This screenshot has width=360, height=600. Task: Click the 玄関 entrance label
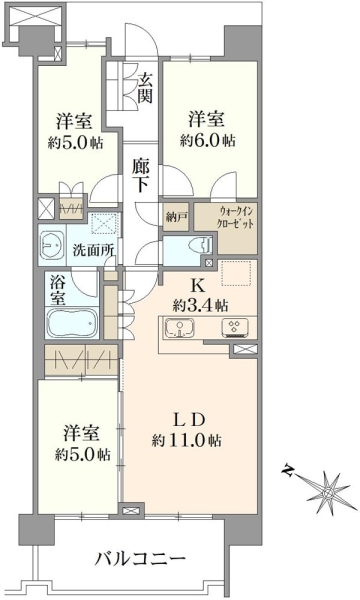click(145, 88)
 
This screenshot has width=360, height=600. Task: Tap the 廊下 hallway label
click(141, 175)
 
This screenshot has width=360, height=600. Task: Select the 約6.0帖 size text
click(208, 141)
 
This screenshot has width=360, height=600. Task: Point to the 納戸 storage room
click(176, 217)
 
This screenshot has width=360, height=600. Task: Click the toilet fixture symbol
click(202, 245)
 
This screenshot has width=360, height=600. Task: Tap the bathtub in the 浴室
click(72, 323)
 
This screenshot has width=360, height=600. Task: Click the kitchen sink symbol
click(179, 328)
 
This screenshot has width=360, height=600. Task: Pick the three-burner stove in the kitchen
click(235, 328)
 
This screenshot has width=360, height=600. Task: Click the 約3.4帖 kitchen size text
click(200, 305)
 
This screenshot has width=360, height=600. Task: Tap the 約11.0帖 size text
click(186, 441)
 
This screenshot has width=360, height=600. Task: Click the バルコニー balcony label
click(140, 559)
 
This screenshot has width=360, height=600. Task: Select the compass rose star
click(327, 492)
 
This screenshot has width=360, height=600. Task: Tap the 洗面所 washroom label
click(93, 251)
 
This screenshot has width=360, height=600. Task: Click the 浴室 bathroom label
click(57, 290)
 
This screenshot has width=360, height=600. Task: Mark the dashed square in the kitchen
click(236, 273)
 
